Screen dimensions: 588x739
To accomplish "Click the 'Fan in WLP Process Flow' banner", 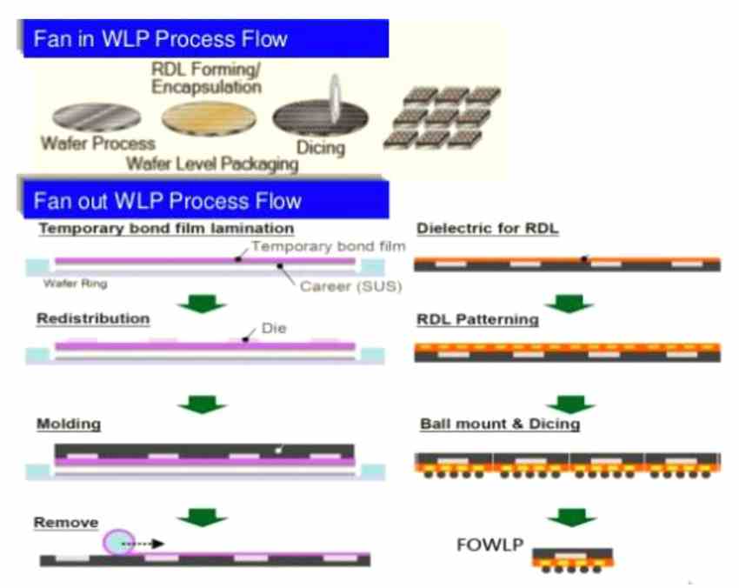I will [160, 39].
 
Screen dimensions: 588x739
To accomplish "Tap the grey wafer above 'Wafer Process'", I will [96, 118].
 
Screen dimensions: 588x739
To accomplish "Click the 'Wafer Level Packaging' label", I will [213, 163].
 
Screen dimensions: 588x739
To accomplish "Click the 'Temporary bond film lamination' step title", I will [165, 228].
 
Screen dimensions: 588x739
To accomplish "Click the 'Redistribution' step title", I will [93, 318].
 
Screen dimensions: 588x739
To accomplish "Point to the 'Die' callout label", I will [274, 330].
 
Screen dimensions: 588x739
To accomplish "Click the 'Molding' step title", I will [69, 424].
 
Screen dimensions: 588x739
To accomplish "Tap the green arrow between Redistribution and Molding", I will [201, 404].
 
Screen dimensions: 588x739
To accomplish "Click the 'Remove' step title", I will [63, 522].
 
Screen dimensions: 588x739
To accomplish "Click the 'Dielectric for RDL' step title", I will [487, 229].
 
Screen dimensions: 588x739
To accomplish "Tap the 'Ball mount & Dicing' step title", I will [500, 424].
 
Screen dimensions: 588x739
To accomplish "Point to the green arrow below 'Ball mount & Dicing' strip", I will [570, 517].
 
